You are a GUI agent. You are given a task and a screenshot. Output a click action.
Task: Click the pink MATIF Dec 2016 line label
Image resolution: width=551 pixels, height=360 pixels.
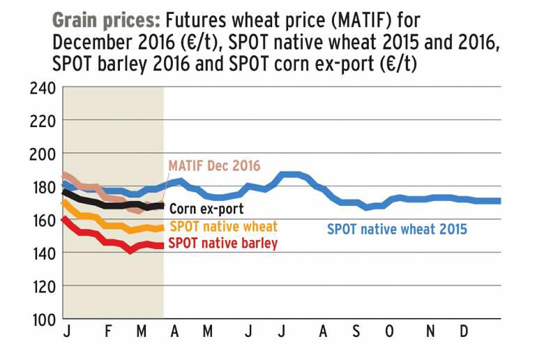[x=214, y=167]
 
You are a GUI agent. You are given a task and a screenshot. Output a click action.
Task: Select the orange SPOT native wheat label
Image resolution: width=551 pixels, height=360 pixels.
[x=223, y=226]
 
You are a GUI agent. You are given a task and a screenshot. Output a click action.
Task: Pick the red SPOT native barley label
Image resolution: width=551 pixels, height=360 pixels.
[x=223, y=243]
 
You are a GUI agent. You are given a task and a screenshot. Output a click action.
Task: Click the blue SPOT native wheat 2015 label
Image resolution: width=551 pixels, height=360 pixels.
[x=398, y=228]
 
